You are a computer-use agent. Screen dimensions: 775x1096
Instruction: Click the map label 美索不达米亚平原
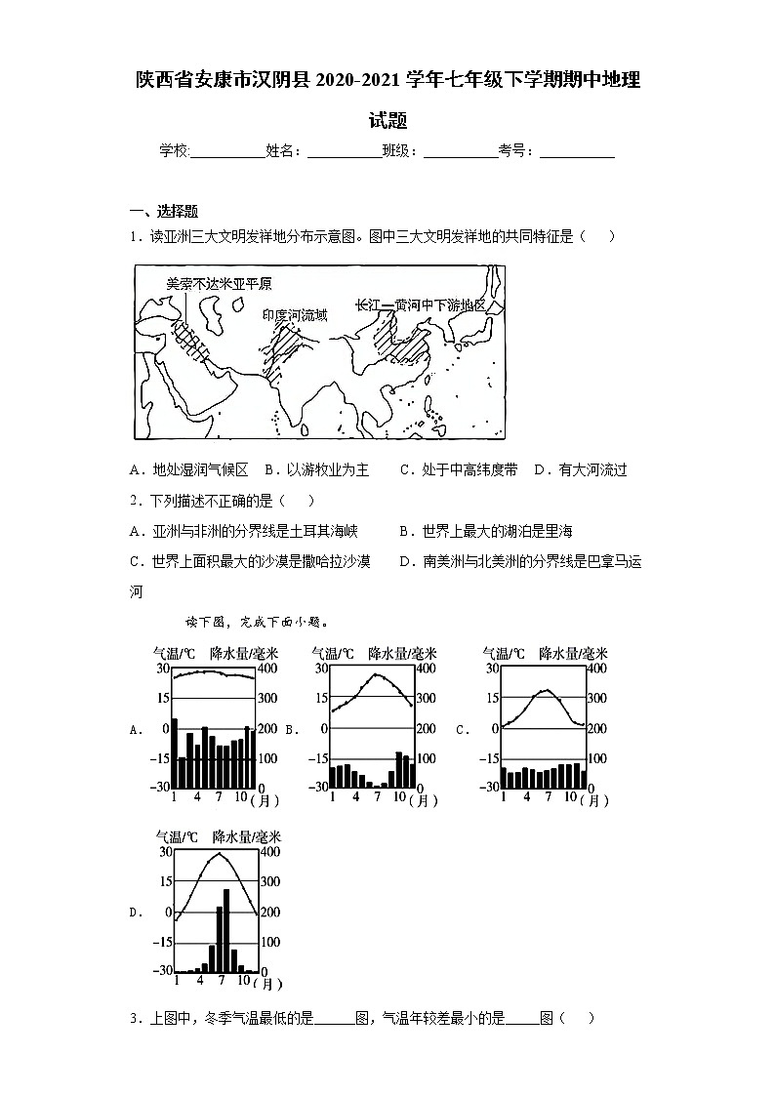point(218,284)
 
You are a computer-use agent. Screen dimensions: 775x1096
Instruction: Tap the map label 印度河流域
point(295,314)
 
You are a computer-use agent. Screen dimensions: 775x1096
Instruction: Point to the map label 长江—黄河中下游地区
point(420,304)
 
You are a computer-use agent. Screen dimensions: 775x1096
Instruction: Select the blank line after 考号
point(577,152)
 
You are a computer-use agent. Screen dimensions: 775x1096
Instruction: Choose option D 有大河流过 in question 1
point(581,469)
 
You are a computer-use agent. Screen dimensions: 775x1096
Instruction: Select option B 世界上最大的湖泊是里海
point(485,531)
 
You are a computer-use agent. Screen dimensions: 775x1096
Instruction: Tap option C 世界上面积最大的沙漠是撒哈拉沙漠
point(250,561)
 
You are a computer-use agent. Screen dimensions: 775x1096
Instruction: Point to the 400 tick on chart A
point(266,669)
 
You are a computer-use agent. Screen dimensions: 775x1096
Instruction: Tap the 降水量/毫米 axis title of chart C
point(574,653)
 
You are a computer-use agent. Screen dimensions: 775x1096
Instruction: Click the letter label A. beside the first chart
point(135,729)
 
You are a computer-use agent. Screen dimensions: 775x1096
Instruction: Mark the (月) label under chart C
point(593,800)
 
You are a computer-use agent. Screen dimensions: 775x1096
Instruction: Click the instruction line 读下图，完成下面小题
point(256,621)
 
